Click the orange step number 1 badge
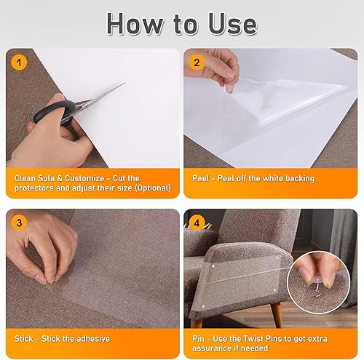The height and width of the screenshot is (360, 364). point(19,63)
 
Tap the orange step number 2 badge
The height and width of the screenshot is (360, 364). point(197,63)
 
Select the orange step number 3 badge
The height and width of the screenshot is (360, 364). point(19,223)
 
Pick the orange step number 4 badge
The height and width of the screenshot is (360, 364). point(197,223)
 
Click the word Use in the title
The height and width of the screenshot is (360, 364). point(232,24)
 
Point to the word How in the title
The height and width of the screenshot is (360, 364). point(135,24)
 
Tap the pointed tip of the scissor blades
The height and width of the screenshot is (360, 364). point(125,83)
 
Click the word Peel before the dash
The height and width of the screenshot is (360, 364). point(201,178)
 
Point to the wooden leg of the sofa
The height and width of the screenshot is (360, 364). point(277,315)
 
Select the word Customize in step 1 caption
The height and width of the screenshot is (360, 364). point(84,178)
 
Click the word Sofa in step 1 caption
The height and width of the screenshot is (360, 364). point(45,178)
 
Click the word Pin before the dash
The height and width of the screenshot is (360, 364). point(198,338)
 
